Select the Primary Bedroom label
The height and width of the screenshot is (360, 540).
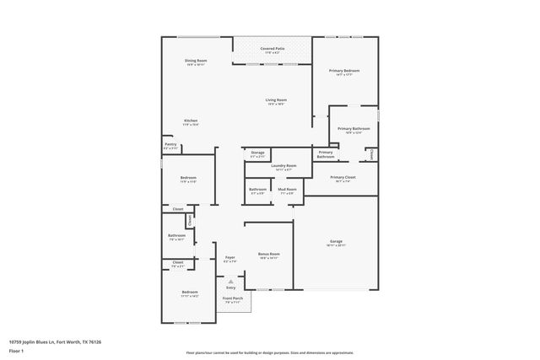(347, 72)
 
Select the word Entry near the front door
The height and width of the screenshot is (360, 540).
(231, 288)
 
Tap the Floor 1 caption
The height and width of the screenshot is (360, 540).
(16, 350)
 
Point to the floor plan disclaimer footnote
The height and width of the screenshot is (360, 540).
(269, 353)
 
